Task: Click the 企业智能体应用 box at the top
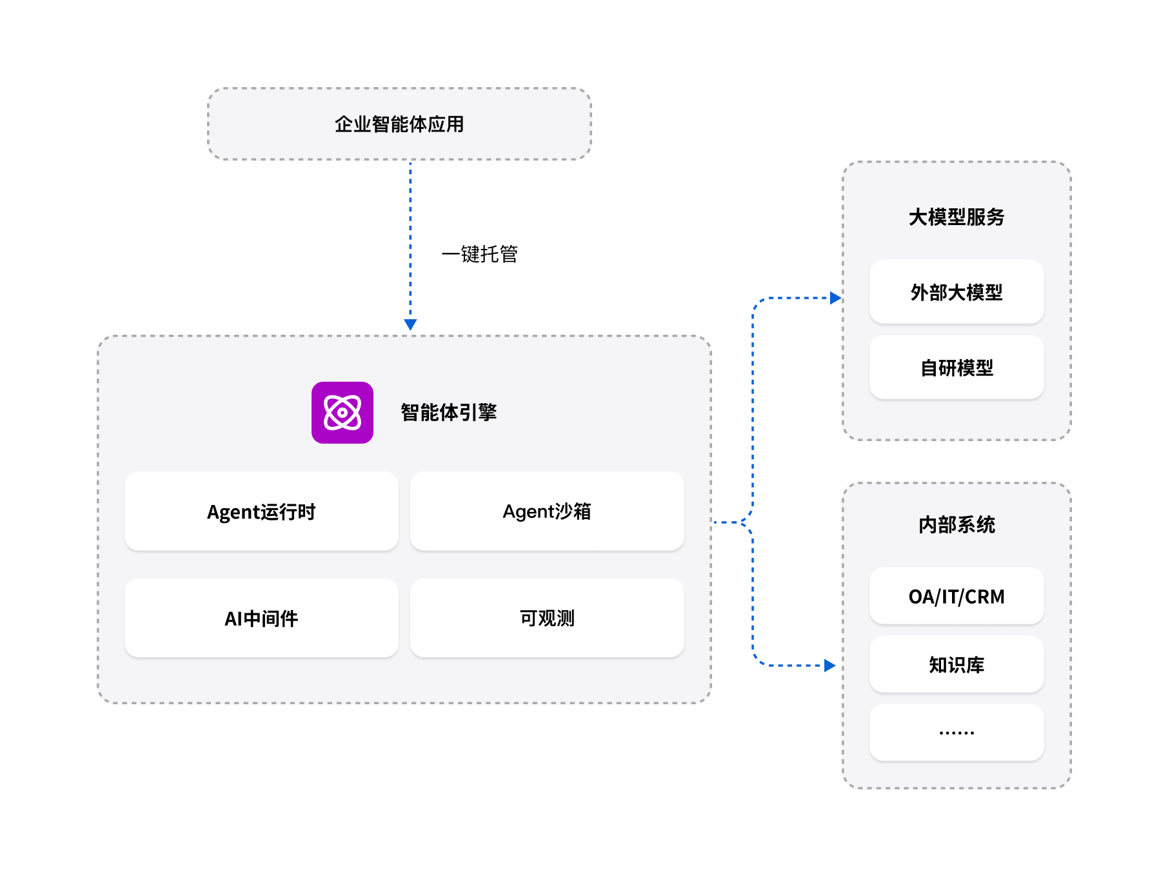click(x=399, y=124)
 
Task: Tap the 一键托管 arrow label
click(x=479, y=254)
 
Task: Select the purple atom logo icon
click(x=342, y=413)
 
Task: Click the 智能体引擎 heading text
click(x=449, y=413)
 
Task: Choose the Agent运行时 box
click(x=261, y=511)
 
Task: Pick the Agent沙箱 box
click(x=547, y=511)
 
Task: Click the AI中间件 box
click(x=261, y=618)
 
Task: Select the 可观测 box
click(x=547, y=618)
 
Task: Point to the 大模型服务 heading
click(x=957, y=217)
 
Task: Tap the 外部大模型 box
click(x=957, y=292)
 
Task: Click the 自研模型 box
click(x=957, y=368)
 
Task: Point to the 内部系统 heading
click(x=957, y=525)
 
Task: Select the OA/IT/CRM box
click(x=957, y=597)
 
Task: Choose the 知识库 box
click(x=957, y=665)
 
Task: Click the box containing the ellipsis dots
click(x=957, y=733)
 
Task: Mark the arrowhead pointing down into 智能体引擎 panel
click(x=410, y=324)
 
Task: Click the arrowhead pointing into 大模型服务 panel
click(x=836, y=298)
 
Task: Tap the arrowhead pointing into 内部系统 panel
click(x=830, y=666)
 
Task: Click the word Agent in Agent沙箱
click(x=528, y=512)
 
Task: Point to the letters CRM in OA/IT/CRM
click(x=985, y=597)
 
